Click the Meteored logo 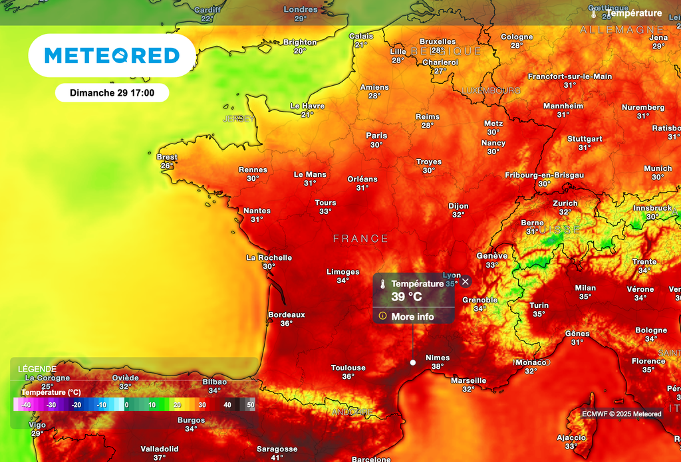coord(112,56)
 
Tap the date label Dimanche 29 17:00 coord(112,92)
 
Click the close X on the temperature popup coord(466,282)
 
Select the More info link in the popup coord(412,316)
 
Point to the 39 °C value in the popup coord(406,296)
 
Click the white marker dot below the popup coord(413,362)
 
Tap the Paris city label coord(376,136)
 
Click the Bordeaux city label coord(287,314)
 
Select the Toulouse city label coord(348,368)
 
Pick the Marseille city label coord(468,380)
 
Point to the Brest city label coord(167,157)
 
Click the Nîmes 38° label coord(438,362)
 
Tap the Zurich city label coord(565,203)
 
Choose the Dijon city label coord(458,206)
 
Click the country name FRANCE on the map coord(360,238)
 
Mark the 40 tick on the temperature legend coord(227,404)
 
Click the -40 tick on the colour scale coord(26,404)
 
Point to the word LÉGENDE coord(37,369)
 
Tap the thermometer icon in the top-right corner coord(594,13)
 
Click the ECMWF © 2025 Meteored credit coord(622,414)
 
